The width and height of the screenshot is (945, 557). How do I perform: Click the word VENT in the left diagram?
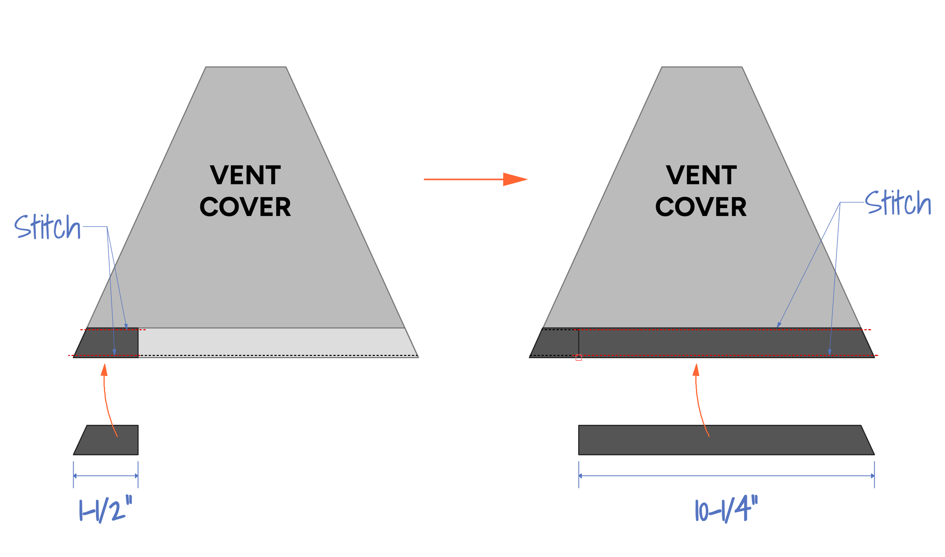[245, 175]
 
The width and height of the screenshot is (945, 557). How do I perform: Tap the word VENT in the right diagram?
[701, 175]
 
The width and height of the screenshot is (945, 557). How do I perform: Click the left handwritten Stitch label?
[47, 227]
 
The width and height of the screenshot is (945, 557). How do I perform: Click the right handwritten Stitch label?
[898, 203]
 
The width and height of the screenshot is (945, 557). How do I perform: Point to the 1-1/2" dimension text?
[105, 511]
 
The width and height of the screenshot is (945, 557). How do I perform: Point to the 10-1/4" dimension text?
[726, 511]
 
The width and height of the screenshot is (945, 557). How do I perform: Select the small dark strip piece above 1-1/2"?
[108, 440]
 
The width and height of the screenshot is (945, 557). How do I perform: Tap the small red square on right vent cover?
[578, 357]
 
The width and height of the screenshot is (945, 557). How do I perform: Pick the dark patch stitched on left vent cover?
[108, 342]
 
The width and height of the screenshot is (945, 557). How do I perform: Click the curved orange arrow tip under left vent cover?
[104, 369]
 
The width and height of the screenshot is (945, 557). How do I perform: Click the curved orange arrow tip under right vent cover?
[696, 369]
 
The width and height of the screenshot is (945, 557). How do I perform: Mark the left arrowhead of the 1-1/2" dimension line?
[75, 476]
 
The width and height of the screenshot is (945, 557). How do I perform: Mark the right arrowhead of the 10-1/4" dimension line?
[872, 476]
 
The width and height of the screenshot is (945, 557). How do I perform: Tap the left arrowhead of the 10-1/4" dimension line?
[580, 476]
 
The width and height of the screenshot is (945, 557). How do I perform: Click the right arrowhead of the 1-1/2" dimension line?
[136, 476]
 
